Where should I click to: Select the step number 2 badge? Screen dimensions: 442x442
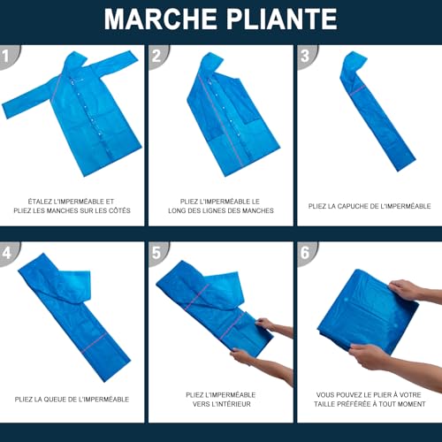click(x=157, y=55)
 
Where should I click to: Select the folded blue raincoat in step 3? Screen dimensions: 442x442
click(x=376, y=115)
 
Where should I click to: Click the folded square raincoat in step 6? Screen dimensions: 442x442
click(x=362, y=309)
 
